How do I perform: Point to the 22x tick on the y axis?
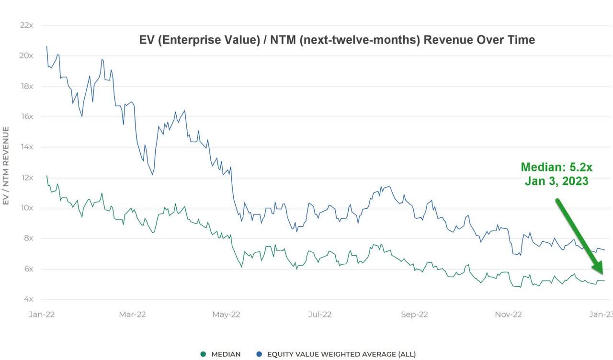(26, 25)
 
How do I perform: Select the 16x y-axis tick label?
(26, 116)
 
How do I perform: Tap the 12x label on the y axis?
(26, 177)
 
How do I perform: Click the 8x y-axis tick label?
(27, 238)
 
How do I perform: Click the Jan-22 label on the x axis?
(41, 315)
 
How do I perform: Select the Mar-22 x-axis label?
(132, 315)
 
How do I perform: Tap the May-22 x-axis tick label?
(226, 315)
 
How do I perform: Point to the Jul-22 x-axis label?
(319, 315)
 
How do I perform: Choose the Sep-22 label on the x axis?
(414, 315)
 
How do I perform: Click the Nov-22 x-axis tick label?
(509, 315)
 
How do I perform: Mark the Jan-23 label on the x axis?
(601, 315)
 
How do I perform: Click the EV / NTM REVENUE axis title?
(6, 166)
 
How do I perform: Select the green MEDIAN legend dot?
(203, 354)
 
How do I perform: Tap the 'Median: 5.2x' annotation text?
(556, 167)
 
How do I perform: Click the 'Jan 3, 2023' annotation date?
(556, 181)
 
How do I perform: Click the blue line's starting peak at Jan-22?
(46, 46)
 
